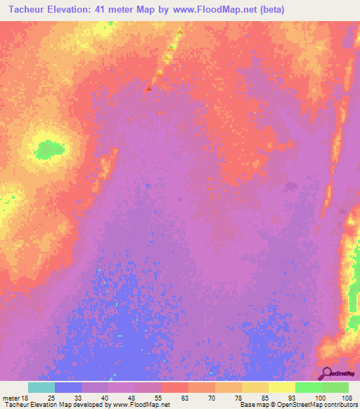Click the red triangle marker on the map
[148, 89]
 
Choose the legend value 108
[345, 397]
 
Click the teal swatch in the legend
[41, 387]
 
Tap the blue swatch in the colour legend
[68, 387]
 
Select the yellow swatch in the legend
[282, 387]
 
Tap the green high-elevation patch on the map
[49, 149]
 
